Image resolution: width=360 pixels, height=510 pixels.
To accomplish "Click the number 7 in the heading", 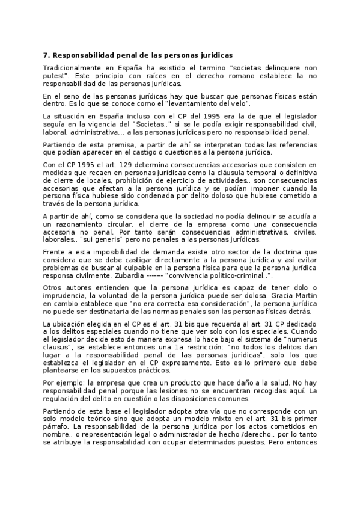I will point(46,55).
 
